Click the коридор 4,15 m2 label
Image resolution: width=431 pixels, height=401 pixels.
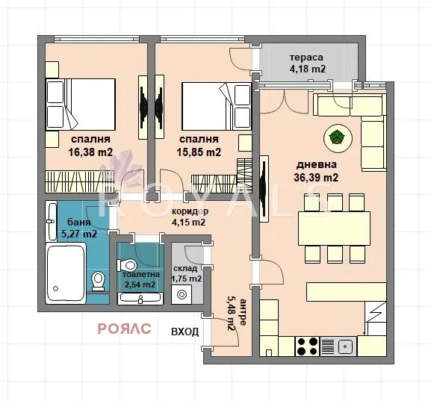(x=189, y=217)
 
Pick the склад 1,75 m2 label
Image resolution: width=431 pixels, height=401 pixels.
(x=187, y=273)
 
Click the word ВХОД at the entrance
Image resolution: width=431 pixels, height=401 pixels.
(x=185, y=332)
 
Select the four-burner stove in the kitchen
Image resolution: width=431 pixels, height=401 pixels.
(x=307, y=346)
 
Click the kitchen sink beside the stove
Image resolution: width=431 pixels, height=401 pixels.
(x=344, y=346)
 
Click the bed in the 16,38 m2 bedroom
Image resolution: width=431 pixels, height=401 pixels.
(x=81, y=105)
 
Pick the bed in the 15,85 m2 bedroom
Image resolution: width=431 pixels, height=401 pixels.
(x=215, y=105)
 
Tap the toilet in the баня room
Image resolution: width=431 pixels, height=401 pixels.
(x=98, y=281)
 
